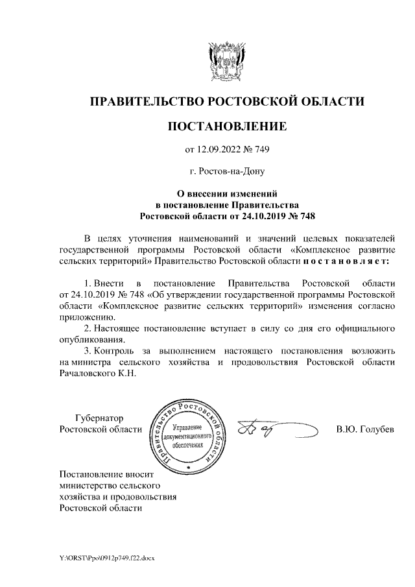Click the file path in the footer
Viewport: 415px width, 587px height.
point(104,558)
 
